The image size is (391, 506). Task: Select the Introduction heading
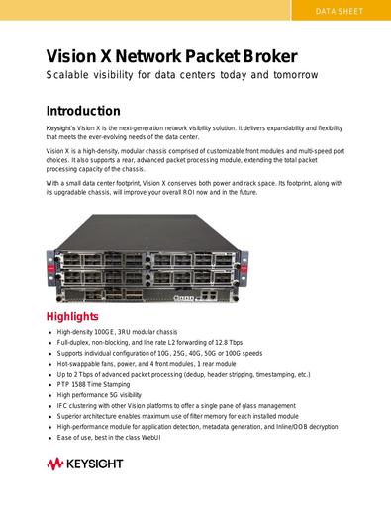(x=83, y=111)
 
